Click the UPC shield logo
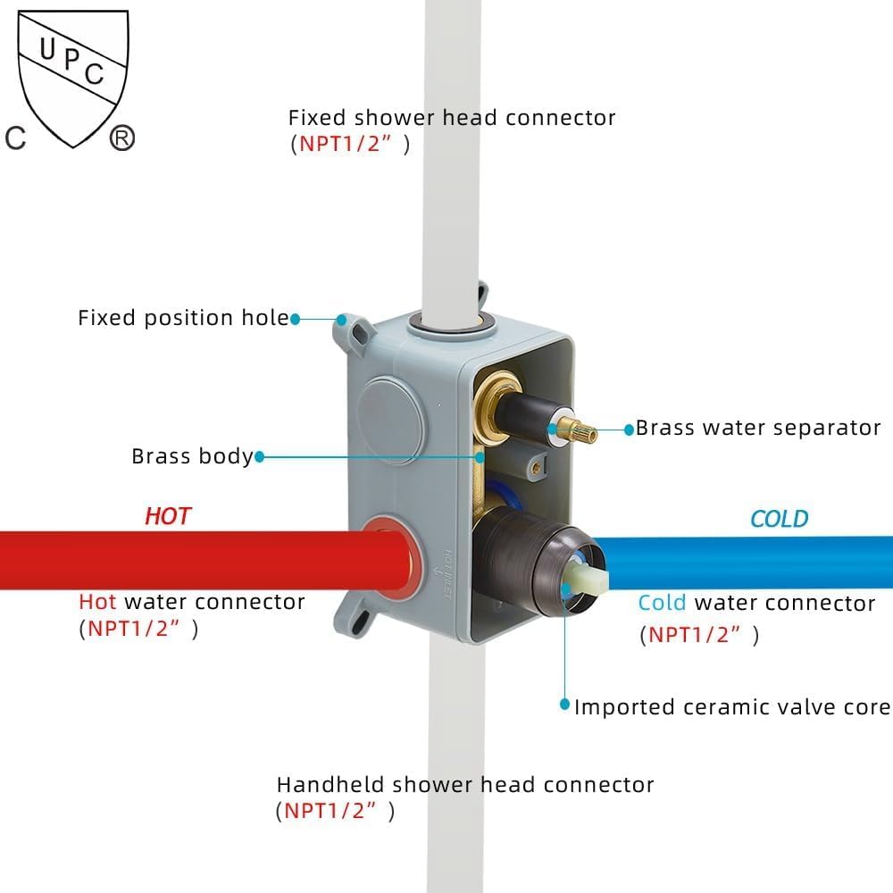tap(73, 79)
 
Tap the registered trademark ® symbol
tap(121, 138)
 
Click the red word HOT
tap(168, 516)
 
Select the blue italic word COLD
tap(779, 519)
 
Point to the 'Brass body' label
tap(192, 456)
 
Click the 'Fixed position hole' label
tap(183, 318)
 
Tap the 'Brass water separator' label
tap(758, 428)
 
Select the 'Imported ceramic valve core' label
tap(732, 706)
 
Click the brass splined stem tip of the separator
tap(577, 430)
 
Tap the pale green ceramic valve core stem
tap(586, 582)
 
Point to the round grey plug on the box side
tap(391, 421)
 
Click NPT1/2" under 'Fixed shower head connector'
tap(346, 144)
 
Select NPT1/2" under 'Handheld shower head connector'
tap(330, 811)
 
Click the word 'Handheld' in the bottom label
tap(330, 785)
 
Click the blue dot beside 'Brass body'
tap(260, 456)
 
